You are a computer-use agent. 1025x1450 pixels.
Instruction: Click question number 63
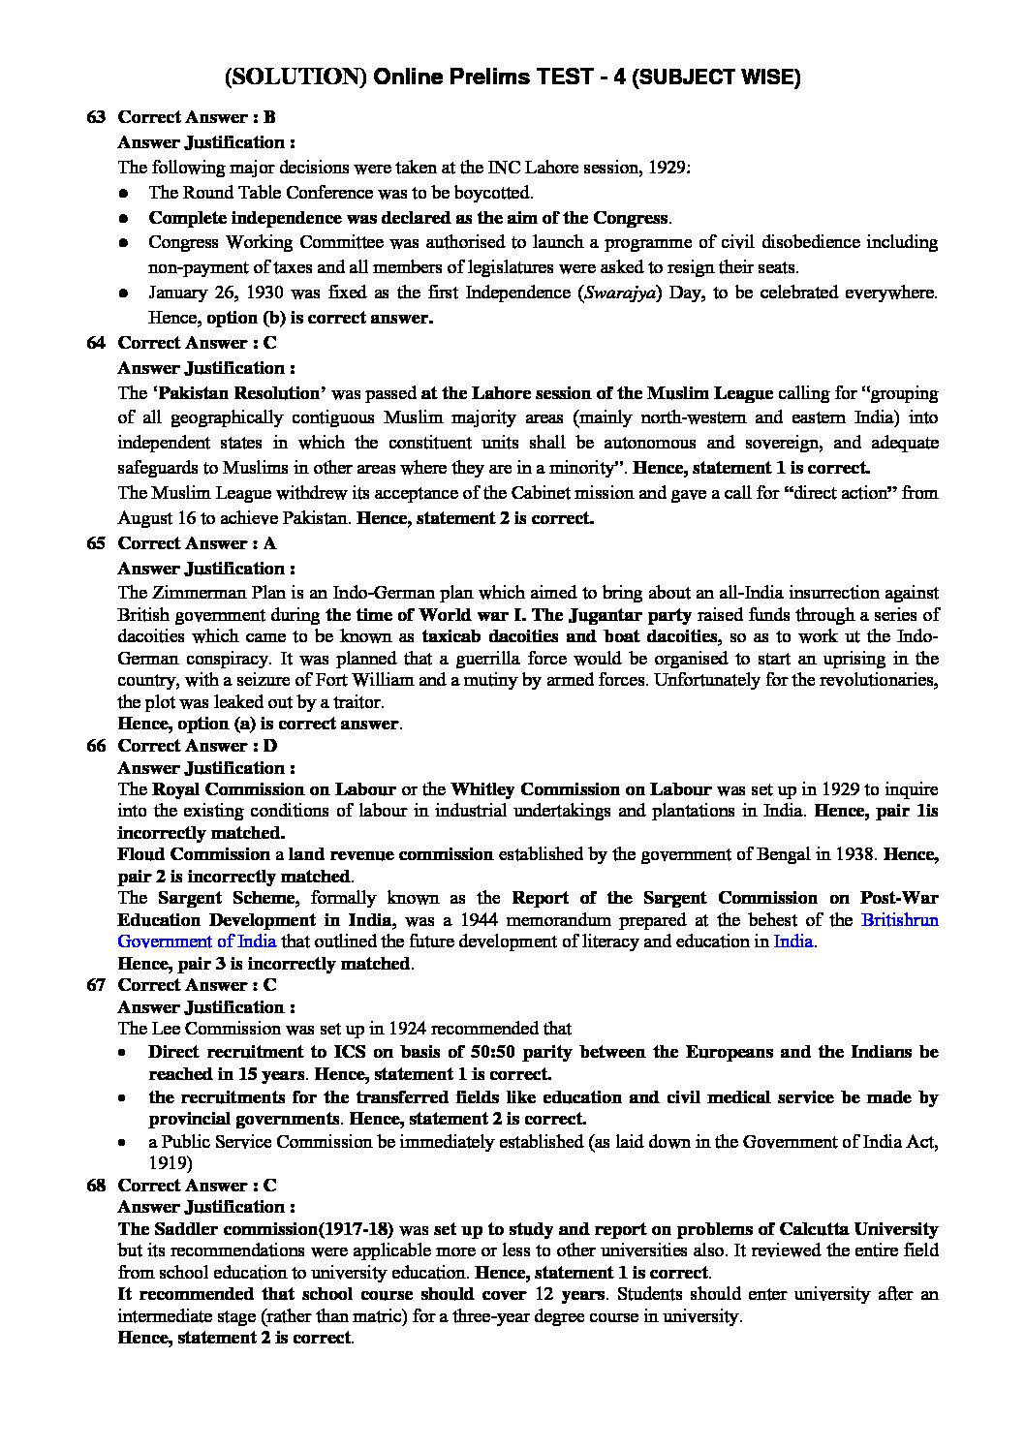coord(95,117)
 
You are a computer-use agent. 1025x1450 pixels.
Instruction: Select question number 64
coord(95,343)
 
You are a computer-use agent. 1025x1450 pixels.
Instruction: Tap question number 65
coord(95,543)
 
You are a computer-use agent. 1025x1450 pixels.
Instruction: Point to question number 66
coord(95,746)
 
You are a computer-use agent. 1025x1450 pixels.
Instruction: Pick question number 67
coord(95,985)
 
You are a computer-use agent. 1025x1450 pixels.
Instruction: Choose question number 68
coord(95,1186)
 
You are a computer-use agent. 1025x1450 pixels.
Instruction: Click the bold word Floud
coord(141,854)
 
